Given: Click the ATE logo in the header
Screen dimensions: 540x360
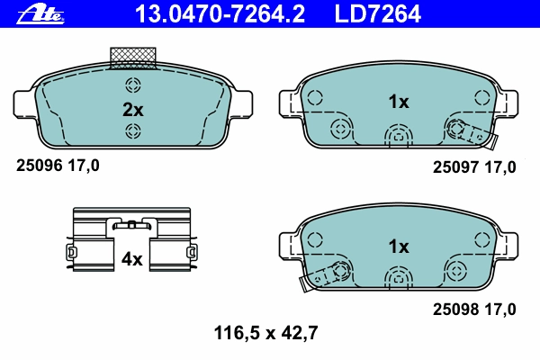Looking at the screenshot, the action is pos(40,14).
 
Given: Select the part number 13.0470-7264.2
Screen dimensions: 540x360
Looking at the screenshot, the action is pos(220,14).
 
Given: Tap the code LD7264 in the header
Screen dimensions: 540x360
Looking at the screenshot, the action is pos(377,14).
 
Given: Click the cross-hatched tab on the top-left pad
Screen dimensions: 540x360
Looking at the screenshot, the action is pos(133,58).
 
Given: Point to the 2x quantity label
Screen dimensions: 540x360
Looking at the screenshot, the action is pos(133,110).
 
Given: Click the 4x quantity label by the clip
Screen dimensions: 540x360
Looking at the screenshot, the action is pos(131,259).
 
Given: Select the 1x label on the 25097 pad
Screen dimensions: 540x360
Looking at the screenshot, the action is pos(399,102).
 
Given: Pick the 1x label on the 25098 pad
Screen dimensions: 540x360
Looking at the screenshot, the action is pos(399,247).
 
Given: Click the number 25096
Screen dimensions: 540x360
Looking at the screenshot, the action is pos(40,166).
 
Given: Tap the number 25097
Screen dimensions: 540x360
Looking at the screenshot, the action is pos(456,167).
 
